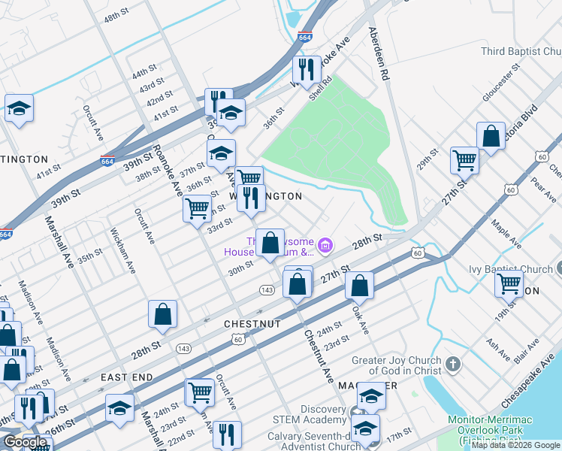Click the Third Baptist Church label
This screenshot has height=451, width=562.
tap(521, 51)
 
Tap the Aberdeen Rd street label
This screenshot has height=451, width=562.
tap(377, 55)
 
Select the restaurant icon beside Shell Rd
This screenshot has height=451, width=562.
tap(306, 70)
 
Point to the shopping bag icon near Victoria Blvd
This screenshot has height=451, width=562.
tap(491, 137)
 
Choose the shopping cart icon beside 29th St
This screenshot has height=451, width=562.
tap(464, 159)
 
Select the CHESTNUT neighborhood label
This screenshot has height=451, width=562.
tap(252, 324)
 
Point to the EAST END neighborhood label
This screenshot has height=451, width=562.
tap(127, 377)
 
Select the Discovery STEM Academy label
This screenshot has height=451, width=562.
tap(322, 415)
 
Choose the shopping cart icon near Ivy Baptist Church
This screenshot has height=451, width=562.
tap(509, 284)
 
